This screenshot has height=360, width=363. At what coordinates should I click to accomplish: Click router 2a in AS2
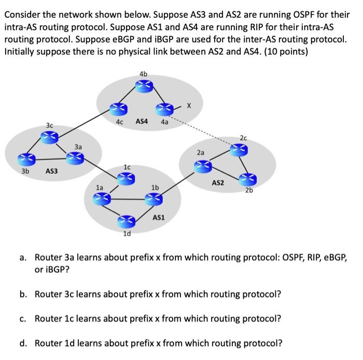[201, 165]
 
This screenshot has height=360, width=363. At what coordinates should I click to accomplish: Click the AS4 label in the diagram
[142, 122]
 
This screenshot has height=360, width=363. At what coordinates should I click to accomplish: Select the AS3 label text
[51, 170]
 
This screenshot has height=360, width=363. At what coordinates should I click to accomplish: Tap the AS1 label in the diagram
[158, 218]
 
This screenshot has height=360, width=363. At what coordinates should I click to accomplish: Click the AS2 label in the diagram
[218, 183]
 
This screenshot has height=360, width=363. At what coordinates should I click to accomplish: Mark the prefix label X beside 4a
[189, 106]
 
